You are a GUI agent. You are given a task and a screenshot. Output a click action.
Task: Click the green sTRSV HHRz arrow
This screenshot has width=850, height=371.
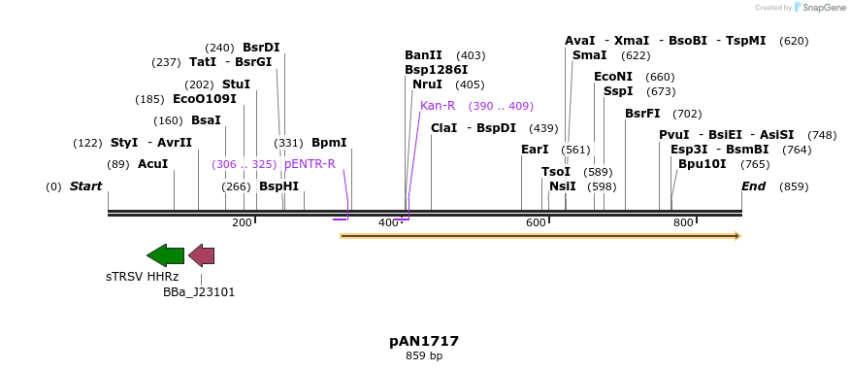(x=165, y=255)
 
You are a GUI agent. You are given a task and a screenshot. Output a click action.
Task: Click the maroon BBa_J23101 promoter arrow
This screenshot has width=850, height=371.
(x=201, y=255)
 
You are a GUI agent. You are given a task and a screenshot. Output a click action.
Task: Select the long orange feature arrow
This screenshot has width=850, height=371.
(x=539, y=235)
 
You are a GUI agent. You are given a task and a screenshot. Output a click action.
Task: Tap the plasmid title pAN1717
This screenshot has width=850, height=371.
(x=424, y=341)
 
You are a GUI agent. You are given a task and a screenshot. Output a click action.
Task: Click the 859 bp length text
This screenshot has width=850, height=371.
(x=424, y=356)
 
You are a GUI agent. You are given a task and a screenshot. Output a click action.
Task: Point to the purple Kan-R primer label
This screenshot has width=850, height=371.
(x=438, y=106)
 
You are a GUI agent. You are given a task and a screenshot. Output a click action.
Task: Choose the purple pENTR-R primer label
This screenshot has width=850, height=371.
(x=310, y=164)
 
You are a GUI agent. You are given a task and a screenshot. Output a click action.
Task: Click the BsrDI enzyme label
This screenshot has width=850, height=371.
(x=261, y=48)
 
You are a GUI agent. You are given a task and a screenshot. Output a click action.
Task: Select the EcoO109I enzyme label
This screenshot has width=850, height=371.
(x=204, y=99)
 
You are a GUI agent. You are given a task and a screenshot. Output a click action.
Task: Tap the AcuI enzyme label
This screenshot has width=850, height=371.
(x=152, y=164)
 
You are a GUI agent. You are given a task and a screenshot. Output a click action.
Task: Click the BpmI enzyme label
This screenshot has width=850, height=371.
(x=329, y=143)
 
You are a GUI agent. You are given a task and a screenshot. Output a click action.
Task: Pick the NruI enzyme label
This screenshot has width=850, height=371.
(x=427, y=84)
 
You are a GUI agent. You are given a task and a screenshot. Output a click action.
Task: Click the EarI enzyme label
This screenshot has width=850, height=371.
(x=535, y=150)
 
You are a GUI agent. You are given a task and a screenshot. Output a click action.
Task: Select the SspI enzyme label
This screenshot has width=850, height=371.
(x=618, y=91)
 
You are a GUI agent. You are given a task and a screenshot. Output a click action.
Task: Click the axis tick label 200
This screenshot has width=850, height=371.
(x=242, y=223)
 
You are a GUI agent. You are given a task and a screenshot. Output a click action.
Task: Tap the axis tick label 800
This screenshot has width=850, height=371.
(x=682, y=223)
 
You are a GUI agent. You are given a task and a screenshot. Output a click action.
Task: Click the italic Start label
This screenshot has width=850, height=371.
(x=85, y=186)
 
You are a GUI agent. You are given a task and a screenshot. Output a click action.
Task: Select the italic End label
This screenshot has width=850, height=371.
(x=753, y=186)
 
